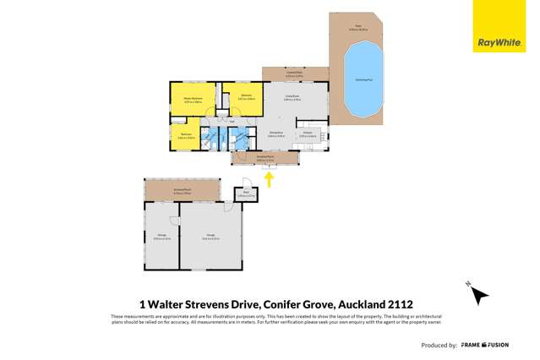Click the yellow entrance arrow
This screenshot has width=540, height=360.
pos(270,178)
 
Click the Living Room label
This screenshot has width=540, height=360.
pos(292,99)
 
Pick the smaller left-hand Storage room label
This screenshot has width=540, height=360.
pos(161,238)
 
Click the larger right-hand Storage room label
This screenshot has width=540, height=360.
pos(210,238)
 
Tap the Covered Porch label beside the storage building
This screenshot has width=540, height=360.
pos(182,190)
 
